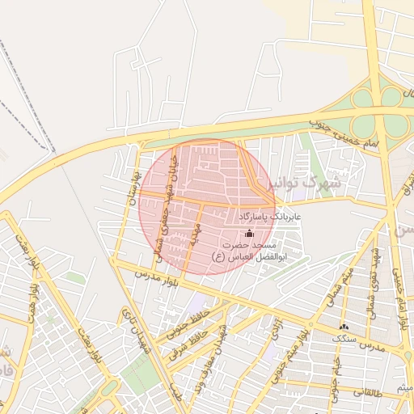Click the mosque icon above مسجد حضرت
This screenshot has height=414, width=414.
point(248,234)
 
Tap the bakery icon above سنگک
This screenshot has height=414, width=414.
point(344,327)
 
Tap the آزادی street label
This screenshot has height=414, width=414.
point(276,332)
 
